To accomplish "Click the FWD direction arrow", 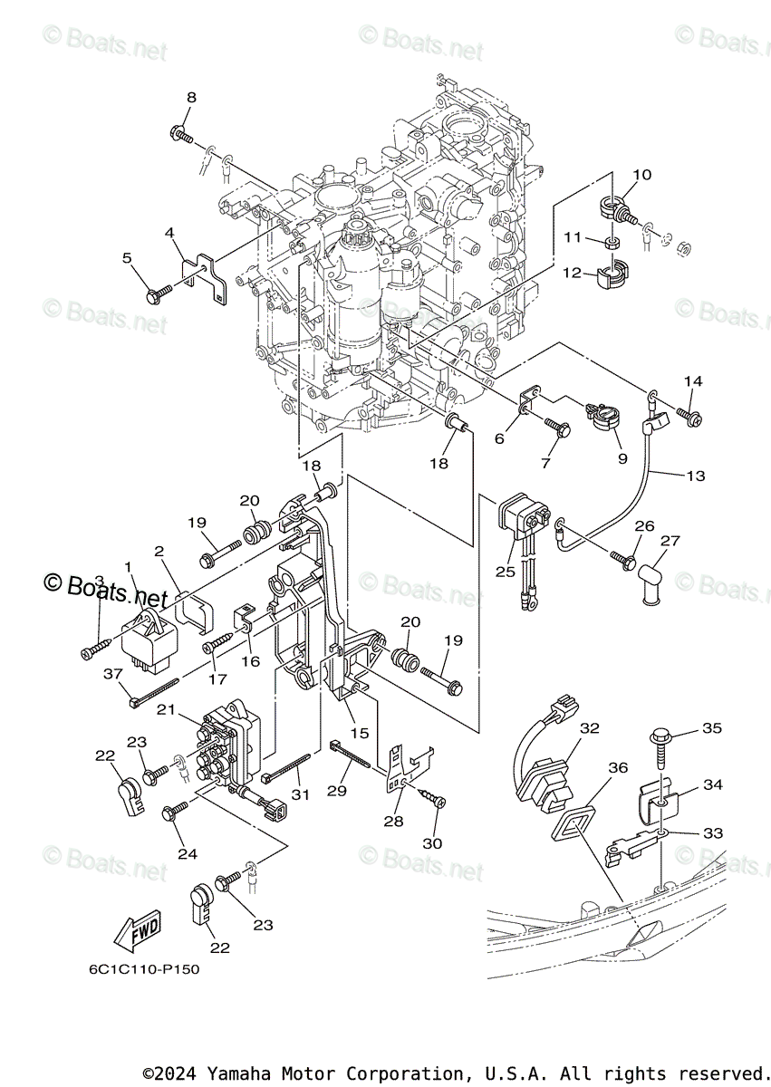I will pyautogui.click(x=137, y=929).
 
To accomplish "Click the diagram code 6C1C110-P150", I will pyautogui.click(x=144, y=969).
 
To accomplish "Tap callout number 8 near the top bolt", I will pyautogui.click(x=191, y=98).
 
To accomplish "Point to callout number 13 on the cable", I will pyautogui.click(x=696, y=475).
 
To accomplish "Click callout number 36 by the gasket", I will pyautogui.click(x=618, y=767).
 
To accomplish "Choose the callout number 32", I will pyautogui.click(x=591, y=727).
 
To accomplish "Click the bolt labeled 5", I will pyautogui.click(x=159, y=293).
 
